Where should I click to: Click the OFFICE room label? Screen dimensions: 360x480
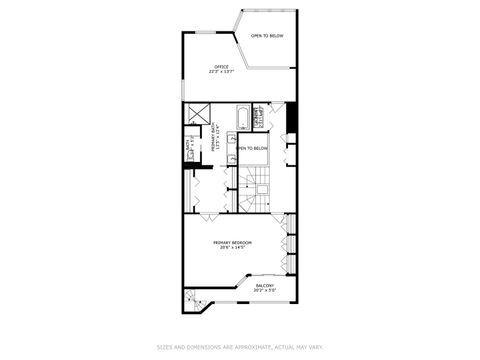[208, 67]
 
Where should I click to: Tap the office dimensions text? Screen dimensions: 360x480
[208, 72]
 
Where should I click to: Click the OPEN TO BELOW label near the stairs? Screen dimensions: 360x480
[253, 149]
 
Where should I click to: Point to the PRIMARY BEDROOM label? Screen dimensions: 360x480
[232, 242]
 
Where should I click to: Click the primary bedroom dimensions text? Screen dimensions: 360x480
[232, 248]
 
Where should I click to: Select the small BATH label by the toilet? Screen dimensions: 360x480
[188, 153]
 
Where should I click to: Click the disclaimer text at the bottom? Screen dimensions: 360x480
[239, 347]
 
